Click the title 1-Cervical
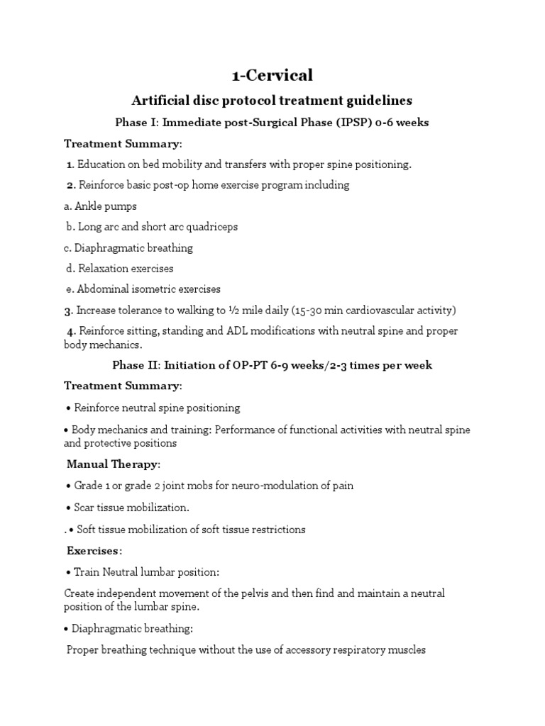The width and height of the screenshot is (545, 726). (x=272, y=75)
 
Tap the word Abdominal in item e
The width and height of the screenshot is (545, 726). (x=101, y=289)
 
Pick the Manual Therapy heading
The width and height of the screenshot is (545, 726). (x=113, y=464)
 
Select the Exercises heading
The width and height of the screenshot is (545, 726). (x=94, y=550)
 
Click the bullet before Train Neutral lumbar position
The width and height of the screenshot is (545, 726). (x=69, y=572)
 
